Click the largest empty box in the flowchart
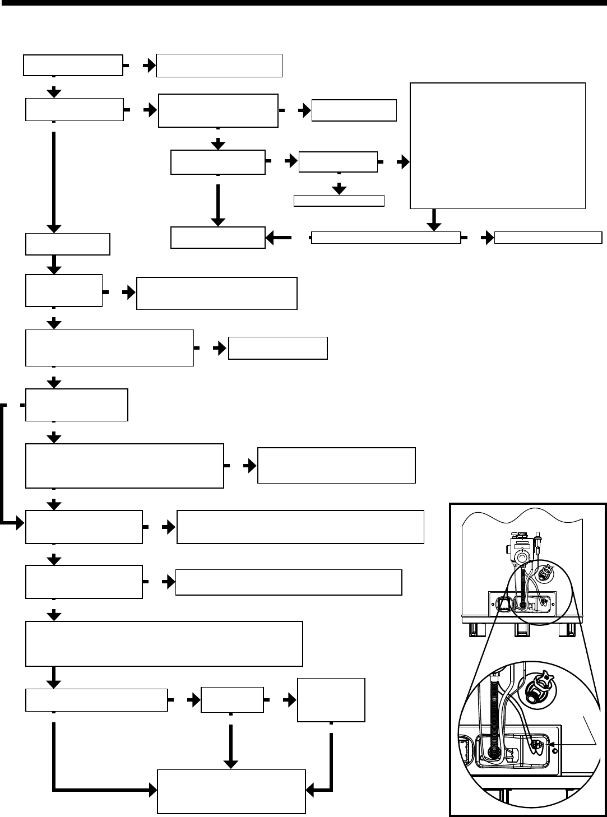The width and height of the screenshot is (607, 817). click(x=498, y=145)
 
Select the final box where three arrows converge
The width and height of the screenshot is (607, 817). click(x=231, y=791)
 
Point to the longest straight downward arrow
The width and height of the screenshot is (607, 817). click(x=53, y=182)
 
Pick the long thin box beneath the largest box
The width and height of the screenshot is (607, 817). click(x=386, y=238)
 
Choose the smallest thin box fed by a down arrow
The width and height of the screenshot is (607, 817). click(x=339, y=201)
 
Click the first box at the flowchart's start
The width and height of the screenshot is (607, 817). click(x=73, y=65)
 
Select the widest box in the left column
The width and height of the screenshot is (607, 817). click(x=164, y=643)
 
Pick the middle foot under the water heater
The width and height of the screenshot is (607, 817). click(x=522, y=631)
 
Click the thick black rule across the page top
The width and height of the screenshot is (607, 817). click(x=303, y=2)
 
